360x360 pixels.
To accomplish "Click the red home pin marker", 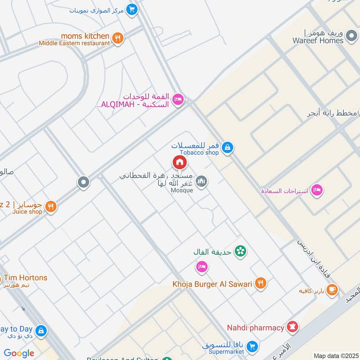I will (x=179, y=162).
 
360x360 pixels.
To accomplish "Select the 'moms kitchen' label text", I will (x=85, y=36).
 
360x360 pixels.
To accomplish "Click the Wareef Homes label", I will (x=318, y=40).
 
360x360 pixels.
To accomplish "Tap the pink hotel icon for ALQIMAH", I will (x=178, y=99).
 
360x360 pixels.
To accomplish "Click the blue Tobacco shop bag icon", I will (x=228, y=147).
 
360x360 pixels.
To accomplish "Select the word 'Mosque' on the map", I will (x=182, y=190).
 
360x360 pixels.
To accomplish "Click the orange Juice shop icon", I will (x=51, y=207).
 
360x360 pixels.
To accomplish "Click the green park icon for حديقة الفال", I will (x=241, y=251).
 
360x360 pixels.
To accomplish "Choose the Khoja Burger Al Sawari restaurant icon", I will (x=260, y=283).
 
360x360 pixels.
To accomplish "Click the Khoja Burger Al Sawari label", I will (x=212, y=284).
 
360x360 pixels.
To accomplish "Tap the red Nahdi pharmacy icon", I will (x=292, y=327).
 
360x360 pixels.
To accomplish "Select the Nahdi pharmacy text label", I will (x=255, y=328).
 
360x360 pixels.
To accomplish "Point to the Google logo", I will (x=19, y=353).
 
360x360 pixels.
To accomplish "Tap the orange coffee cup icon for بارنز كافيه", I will (x=332, y=290).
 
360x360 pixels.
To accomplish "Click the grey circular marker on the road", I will (x=83, y=182).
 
